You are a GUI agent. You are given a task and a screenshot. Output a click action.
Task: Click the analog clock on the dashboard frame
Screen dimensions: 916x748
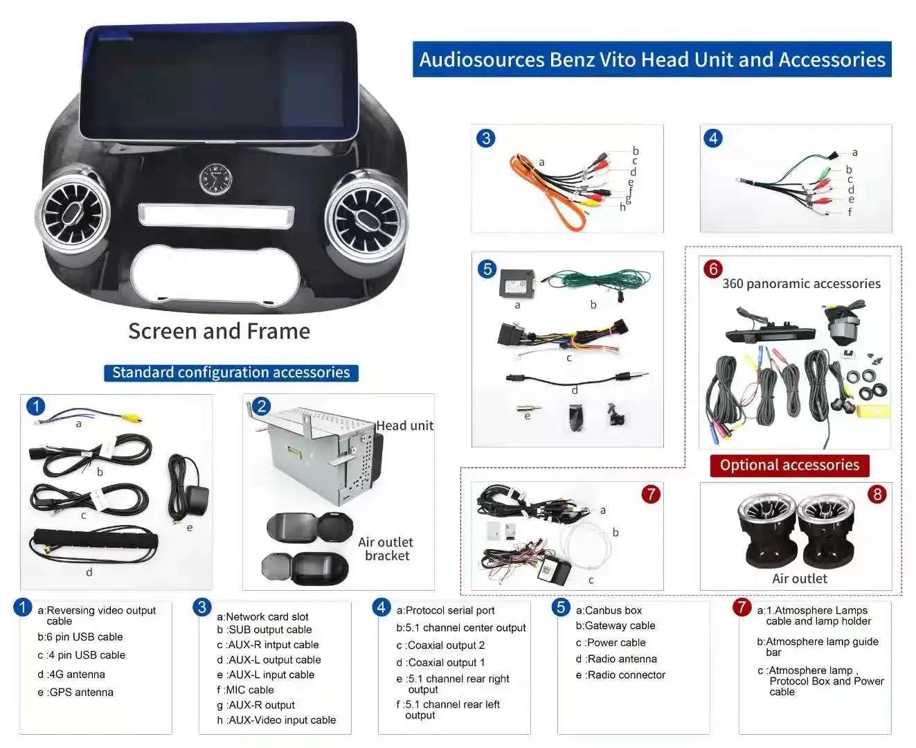point(215,179)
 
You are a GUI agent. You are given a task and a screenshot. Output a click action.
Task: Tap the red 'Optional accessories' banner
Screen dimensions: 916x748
point(789,465)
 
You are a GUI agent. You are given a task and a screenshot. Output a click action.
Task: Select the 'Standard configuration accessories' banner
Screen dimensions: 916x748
point(231,372)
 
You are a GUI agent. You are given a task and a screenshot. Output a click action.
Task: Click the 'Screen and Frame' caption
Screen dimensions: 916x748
point(219,331)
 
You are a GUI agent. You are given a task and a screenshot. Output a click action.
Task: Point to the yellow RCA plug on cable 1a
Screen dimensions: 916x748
point(136,419)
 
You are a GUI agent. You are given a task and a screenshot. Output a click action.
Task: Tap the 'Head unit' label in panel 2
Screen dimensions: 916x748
point(404,425)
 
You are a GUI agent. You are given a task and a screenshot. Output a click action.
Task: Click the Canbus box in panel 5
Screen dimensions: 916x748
point(517,284)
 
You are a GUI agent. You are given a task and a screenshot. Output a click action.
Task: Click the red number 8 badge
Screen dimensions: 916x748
point(877,494)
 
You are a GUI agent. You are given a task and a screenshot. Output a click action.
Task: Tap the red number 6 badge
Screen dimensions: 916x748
point(712,269)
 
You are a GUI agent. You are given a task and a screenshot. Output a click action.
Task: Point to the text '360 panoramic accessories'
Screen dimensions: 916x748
point(801,284)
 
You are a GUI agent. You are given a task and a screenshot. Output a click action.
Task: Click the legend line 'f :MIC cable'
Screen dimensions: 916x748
point(245,689)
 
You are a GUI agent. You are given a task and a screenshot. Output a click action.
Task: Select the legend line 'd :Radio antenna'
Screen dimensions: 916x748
point(616,659)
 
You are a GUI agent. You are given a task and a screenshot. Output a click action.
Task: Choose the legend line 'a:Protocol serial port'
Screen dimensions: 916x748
point(445,610)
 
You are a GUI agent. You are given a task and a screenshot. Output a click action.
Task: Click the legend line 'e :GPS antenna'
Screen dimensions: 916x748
point(75,692)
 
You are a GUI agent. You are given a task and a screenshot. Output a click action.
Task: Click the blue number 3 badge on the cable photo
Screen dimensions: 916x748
point(485,138)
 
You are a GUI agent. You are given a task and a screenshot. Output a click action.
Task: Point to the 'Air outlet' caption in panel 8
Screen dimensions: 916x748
point(799,578)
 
